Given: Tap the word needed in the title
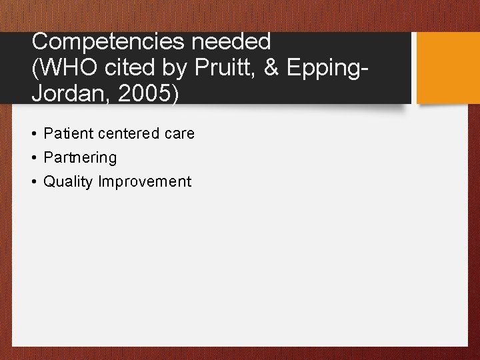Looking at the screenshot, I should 232,42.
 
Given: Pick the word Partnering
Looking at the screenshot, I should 80,158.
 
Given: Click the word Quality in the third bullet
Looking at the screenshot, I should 69,182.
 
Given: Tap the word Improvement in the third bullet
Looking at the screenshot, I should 145,182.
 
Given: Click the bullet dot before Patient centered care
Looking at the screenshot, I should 33,134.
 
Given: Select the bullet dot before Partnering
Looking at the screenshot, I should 33,158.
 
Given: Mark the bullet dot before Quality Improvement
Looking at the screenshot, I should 33,182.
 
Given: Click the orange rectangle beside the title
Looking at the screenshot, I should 447,67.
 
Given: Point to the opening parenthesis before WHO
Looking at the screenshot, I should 36,68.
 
